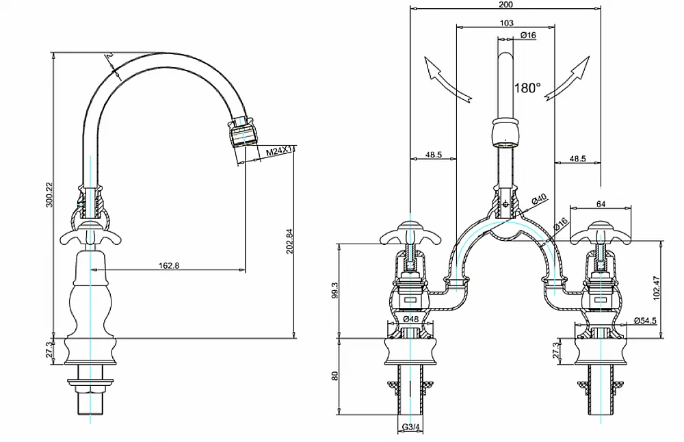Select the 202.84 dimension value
point(289,241)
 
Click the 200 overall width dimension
point(506,4)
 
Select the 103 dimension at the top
point(507,23)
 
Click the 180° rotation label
point(527,88)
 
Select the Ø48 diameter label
point(411,318)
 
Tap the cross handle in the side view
point(90,232)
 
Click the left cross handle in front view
point(408,233)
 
